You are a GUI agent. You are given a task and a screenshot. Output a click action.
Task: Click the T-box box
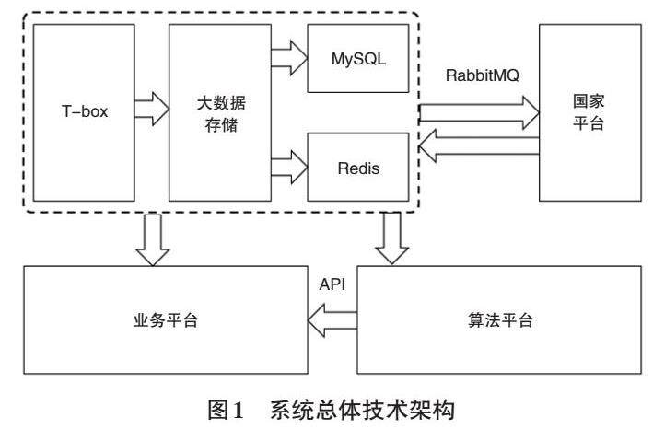pyautogui.click(x=84, y=114)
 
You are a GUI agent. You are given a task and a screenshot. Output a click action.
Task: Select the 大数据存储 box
pyautogui.click(x=217, y=114)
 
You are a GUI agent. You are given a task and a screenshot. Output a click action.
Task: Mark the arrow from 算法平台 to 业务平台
pyautogui.click(x=331, y=320)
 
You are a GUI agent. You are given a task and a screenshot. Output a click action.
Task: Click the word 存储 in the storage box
pyautogui.click(x=217, y=126)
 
